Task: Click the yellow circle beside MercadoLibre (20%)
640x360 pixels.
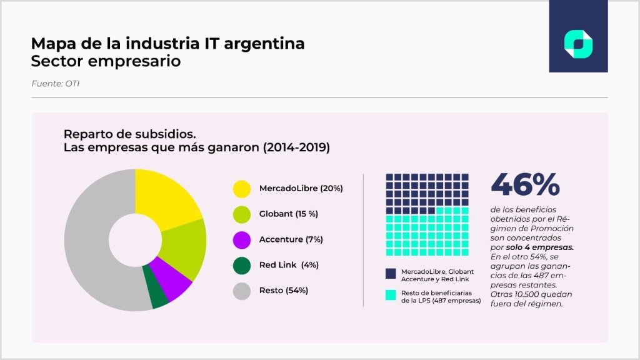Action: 242,188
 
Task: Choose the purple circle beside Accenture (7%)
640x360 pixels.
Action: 242,239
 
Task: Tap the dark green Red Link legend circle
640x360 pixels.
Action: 242,265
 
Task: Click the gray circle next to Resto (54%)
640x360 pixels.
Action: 242,291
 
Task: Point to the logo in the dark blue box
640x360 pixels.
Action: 578,44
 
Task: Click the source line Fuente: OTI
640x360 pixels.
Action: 55,83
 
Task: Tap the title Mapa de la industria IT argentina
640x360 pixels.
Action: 167,44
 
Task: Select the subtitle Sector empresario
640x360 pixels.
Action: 106,61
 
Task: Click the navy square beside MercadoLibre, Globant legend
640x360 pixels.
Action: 391,273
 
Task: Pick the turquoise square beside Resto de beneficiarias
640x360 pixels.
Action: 391,295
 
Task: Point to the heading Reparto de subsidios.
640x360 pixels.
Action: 130,134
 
